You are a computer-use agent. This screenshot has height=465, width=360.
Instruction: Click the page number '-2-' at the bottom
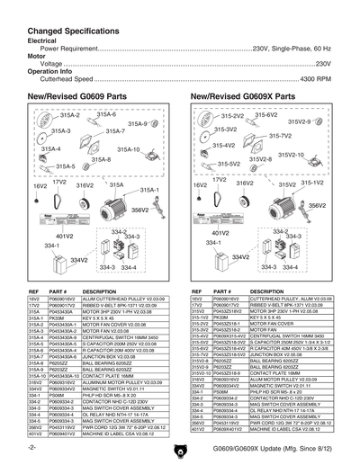[31, 447]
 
